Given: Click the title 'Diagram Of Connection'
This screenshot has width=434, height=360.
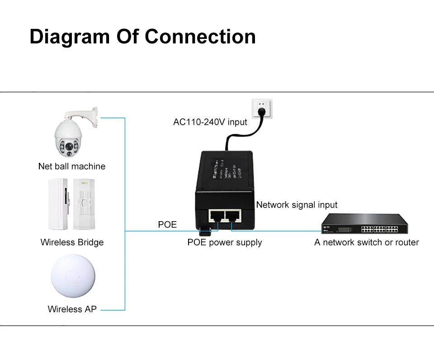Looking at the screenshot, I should pyautogui.click(x=142, y=37).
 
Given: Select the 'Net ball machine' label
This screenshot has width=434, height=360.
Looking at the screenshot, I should pyautogui.click(x=72, y=166).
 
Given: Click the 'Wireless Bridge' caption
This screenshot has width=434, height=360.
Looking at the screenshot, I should pyautogui.click(x=72, y=242).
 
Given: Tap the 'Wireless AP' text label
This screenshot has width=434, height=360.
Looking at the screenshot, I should pyautogui.click(x=72, y=310).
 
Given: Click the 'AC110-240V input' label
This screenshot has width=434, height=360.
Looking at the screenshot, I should pyautogui.click(x=210, y=122).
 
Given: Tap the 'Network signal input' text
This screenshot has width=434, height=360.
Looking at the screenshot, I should pyautogui.click(x=297, y=205).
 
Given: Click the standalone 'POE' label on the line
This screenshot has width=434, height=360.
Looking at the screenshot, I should pyautogui.click(x=167, y=224).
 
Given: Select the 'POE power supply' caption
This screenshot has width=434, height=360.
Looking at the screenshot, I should pyautogui.click(x=225, y=242).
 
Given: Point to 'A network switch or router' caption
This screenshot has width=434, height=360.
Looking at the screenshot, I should pyautogui.click(x=367, y=242).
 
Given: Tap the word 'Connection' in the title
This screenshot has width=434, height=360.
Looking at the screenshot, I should pyautogui.click(x=200, y=37).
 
